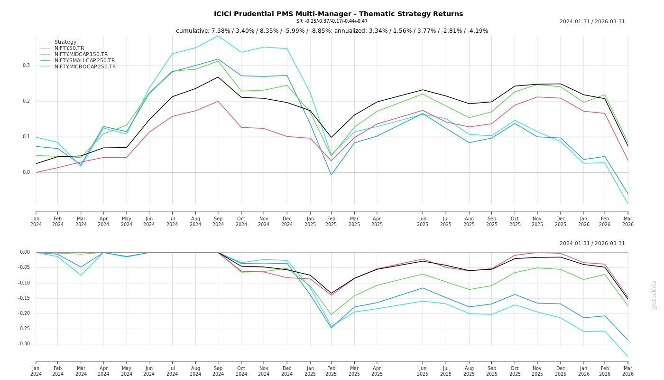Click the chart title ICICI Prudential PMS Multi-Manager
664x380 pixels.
point(338,14)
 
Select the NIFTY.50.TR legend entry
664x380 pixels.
point(69,48)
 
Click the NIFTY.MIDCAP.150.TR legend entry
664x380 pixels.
point(81,54)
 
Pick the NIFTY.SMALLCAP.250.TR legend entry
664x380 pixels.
point(84,60)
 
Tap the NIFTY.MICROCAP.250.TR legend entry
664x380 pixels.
point(85,66)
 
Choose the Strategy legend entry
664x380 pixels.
point(65,42)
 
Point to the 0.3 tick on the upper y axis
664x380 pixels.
point(26,66)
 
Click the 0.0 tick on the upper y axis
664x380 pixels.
point(26,172)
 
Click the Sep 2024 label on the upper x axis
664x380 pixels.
point(218,222)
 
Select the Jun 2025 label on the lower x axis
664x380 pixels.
point(423,371)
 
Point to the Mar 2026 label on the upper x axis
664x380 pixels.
point(627,222)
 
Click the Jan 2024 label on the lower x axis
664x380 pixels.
point(36,371)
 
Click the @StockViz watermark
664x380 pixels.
point(654,295)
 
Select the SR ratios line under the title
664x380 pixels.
point(332,21)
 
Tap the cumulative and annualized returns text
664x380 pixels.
point(332,31)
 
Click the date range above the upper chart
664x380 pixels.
point(592,21)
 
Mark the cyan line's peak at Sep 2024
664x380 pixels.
point(218,36)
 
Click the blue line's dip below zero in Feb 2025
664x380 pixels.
point(332,175)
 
